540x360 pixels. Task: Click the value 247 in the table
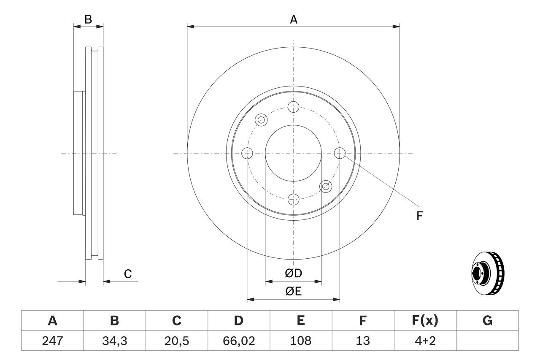(x=52, y=341)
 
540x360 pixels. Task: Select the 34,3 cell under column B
(x=114, y=341)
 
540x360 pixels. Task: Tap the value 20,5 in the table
(x=176, y=341)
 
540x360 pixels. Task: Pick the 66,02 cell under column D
(x=238, y=341)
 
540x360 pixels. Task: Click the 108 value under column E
(x=300, y=341)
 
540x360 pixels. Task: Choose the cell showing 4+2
(x=425, y=341)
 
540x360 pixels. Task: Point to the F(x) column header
(x=425, y=321)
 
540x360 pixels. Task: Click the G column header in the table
(x=487, y=321)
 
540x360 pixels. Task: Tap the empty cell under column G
(x=487, y=341)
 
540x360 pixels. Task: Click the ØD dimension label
(x=293, y=273)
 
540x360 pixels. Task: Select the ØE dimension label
(x=293, y=292)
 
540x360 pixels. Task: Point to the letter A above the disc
(x=293, y=19)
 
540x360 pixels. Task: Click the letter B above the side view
(x=88, y=19)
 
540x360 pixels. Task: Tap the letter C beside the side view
(x=128, y=274)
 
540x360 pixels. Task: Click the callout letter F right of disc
(x=419, y=216)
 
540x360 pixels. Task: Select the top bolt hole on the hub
(x=293, y=106)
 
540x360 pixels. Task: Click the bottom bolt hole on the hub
(x=293, y=199)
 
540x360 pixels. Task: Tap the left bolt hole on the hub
(x=247, y=153)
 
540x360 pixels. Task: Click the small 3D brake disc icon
(x=487, y=273)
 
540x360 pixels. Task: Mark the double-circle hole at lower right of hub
(x=326, y=186)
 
